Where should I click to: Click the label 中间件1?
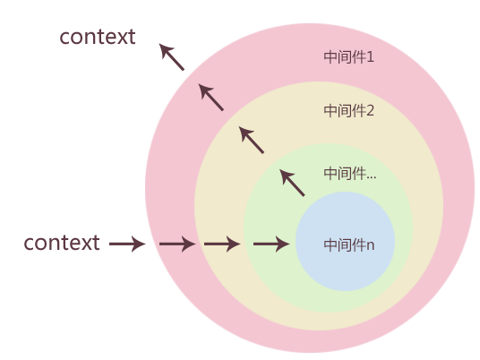coord(348,57)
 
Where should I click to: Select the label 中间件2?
coord(348,111)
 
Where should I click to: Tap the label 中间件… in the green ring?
coord(349,174)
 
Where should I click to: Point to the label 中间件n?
coord(348,244)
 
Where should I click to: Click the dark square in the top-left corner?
coord(172,57)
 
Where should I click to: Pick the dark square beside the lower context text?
coord(129,244)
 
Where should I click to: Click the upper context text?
coord(97,38)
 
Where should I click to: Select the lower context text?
coord(62,243)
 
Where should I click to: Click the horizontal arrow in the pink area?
coord(176,244)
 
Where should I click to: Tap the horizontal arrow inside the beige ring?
coord(222,244)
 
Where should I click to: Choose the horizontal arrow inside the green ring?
coord(271,244)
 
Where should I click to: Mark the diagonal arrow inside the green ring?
coord(292,183)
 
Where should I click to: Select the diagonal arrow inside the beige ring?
coord(252,140)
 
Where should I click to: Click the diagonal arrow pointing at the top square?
coord(210,97)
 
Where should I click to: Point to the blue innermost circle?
coord(346,269)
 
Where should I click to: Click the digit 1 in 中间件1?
coord(370,57)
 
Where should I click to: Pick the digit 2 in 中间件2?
coord(370,111)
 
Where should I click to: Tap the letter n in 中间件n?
coord(370,244)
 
